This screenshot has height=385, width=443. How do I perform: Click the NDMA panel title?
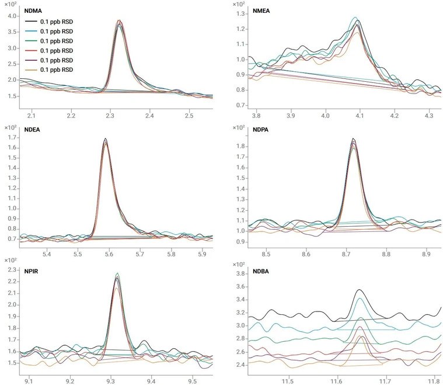click(33, 11)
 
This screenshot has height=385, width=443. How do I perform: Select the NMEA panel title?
click(261, 11)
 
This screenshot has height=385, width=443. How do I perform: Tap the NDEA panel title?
click(32, 130)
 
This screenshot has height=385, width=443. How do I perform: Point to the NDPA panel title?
click(260, 130)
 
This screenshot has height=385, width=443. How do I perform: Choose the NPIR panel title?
click(31, 272)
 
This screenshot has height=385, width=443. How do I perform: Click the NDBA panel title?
click(261, 272)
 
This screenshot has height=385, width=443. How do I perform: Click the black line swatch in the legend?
click(31, 22)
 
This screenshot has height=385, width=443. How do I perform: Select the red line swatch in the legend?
click(31, 51)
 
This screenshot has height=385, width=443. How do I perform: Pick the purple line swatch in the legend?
click(31, 60)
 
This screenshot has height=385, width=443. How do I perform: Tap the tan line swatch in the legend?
click(31, 70)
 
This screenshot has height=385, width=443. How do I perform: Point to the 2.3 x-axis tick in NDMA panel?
click(110, 116)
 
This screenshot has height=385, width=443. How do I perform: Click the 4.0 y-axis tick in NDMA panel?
click(12, 16)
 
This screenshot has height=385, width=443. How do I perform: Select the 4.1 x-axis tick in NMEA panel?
click(360, 116)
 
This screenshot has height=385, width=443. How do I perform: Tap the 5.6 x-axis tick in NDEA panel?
click(109, 254)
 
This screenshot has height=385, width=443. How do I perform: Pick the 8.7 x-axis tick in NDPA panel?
click(346, 254)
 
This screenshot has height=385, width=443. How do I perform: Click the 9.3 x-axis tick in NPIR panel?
click(111, 381)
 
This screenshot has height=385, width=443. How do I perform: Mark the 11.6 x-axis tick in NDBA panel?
click(337, 381)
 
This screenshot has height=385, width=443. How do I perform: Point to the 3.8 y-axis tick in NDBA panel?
click(240, 273)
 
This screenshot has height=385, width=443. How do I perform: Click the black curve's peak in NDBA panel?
click(360, 289)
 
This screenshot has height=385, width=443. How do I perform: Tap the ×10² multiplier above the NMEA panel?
click(239, 4)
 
